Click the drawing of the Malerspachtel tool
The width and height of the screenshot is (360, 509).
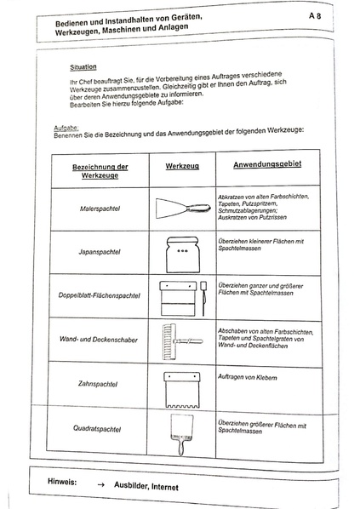coord(181,207)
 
